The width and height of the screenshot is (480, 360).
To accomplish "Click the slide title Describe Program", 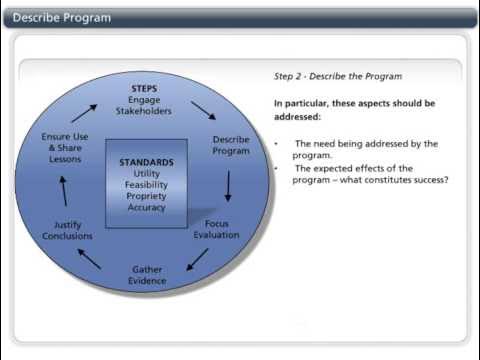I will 62,18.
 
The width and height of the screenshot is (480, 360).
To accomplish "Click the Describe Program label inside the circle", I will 231,145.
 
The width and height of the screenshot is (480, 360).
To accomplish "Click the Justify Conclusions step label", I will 67,230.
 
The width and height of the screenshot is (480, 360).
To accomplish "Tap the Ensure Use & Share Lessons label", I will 68,146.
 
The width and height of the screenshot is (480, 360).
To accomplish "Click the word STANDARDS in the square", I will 146,162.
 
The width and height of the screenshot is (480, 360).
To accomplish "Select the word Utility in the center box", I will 146,173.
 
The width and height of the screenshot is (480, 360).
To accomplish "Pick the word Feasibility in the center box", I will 146,185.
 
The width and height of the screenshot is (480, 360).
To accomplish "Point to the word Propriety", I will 146,196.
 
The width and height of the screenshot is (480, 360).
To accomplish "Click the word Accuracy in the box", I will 146,208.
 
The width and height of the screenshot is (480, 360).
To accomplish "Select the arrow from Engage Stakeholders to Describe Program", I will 202,109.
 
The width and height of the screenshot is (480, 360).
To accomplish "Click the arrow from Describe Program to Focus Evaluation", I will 228,185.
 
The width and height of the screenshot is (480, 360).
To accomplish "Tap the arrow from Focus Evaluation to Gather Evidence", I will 198,259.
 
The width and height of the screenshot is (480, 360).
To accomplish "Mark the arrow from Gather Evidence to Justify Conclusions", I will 89,259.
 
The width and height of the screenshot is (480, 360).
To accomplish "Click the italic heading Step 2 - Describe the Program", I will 324,77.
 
